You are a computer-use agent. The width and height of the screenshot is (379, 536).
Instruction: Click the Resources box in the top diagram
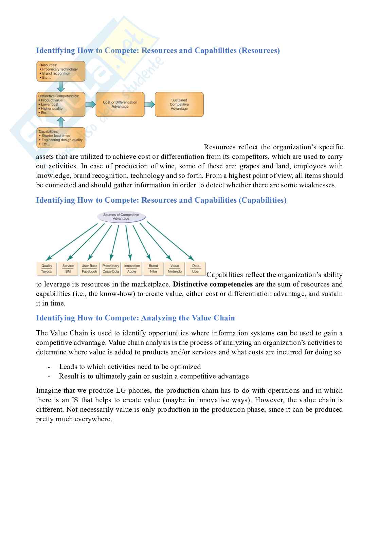[x=61, y=71]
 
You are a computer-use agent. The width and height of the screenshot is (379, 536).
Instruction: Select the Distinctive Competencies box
[x=61, y=105]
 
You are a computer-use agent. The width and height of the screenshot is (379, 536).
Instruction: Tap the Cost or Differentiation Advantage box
[x=120, y=105]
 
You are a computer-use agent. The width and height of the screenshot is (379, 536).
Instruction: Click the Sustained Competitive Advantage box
[x=179, y=105]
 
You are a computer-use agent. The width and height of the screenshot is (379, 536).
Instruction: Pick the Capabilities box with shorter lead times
[x=61, y=137]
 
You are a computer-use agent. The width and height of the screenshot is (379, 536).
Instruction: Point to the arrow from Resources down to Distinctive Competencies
[x=61, y=87]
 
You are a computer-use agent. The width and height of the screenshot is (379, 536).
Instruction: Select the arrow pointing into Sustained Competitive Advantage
[x=149, y=105]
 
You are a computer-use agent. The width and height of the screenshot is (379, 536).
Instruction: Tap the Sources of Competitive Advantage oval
[x=121, y=217]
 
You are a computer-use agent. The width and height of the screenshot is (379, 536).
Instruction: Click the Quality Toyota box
[x=47, y=269]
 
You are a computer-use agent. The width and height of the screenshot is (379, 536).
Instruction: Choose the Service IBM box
[x=68, y=269]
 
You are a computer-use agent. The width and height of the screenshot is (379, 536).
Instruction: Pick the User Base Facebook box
[x=89, y=269]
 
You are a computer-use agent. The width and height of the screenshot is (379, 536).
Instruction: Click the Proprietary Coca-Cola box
[x=111, y=269]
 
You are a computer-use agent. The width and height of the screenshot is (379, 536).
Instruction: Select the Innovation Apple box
[x=132, y=269]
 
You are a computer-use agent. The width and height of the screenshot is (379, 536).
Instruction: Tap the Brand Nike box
[x=154, y=269]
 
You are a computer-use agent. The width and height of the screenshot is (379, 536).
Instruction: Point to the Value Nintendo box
[x=175, y=269]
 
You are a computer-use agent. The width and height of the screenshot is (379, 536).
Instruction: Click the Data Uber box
[x=196, y=269]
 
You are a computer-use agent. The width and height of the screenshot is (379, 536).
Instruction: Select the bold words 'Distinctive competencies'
[x=213, y=284]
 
